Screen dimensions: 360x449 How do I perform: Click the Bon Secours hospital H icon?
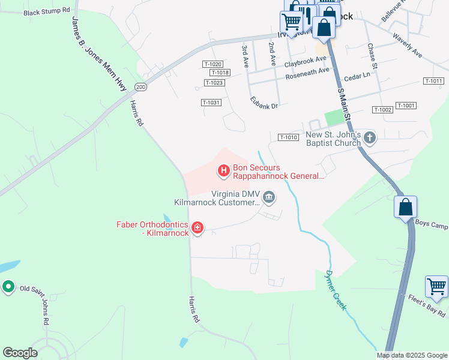click(224, 172)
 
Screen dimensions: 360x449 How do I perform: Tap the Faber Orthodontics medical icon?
click(197, 228)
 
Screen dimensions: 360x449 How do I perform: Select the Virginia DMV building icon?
click(270, 197)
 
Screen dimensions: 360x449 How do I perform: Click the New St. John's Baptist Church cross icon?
click(370, 139)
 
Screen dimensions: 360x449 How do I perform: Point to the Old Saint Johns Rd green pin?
click(8, 287)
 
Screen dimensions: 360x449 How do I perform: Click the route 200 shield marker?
click(140, 87)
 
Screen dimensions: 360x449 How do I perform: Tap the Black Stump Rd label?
click(47, 11)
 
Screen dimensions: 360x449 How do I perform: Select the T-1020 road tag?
click(213, 64)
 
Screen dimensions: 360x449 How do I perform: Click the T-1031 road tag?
click(211, 103)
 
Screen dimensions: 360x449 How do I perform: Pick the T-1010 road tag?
click(288, 137)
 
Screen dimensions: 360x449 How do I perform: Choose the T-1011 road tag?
click(433, 81)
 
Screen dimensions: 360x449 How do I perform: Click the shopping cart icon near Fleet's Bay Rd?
click(436, 287)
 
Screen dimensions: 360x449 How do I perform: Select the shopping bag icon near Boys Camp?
click(405, 207)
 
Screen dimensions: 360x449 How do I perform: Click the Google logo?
click(20, 353)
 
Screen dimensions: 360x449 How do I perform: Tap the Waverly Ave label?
click(408, 46)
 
